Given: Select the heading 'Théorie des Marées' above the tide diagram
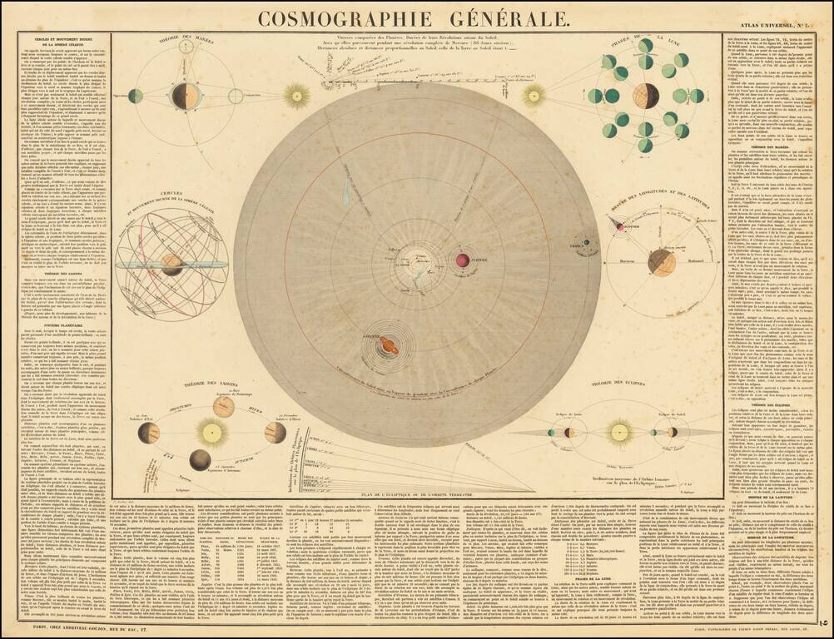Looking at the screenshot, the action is [x=185, y=42].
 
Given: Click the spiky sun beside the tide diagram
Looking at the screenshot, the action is [x=295, y=96].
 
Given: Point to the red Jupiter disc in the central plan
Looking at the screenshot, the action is [x=462, y=260].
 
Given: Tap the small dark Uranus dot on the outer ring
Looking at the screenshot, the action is [x=586, y=244].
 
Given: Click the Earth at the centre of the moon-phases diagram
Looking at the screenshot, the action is [x=646, y=96].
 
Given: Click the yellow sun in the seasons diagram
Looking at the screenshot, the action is [x=211, y=432].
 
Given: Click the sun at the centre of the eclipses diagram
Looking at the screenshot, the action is [x=619, y=432].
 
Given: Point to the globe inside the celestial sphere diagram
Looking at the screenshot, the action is [x=171, y=265].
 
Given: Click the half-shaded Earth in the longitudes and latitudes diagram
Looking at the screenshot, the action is [x=662, y=262].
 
